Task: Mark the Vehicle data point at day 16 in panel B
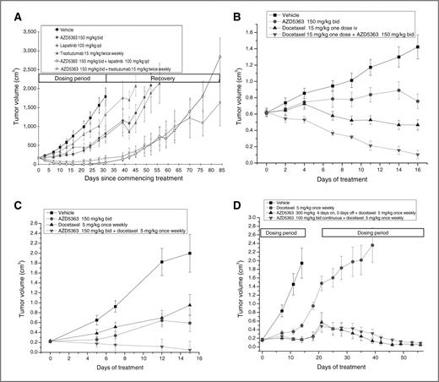(x=417, y=47)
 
